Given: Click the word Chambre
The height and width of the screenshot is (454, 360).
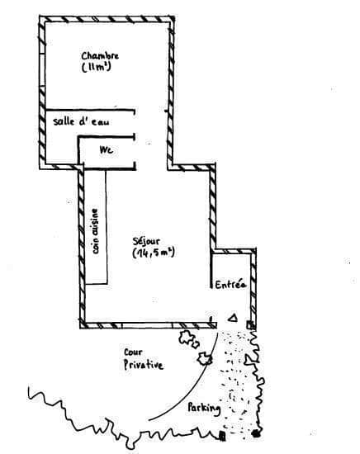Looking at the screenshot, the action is (x=100, y=55).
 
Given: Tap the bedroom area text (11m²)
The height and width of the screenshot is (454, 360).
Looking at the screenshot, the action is (x=96, y=68).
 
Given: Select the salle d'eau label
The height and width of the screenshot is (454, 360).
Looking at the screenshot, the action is (x=82, y=121).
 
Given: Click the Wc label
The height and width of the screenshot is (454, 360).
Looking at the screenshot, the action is (x=106, y=150).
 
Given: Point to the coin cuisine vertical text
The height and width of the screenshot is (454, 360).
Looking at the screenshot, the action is (x=95, y=231).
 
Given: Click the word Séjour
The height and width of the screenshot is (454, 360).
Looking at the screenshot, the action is (x=146, y=242).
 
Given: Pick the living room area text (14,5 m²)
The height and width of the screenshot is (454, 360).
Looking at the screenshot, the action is (x=154, y=253).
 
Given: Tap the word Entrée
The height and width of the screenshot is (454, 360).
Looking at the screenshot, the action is (x=230, y=285).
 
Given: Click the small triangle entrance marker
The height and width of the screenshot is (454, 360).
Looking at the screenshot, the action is (x=233, y=318).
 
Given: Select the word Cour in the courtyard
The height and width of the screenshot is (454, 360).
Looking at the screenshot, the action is (x=133, y=352).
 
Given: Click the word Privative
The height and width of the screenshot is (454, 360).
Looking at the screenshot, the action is (x=144, y=365).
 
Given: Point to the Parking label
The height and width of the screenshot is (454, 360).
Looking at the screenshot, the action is (x=204, y=409).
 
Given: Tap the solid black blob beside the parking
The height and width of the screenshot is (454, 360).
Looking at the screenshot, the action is (x=256, y=433).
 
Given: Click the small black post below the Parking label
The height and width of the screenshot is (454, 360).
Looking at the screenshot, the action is (x=222, y=436).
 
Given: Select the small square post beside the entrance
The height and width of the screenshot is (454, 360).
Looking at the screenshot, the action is (x=250, y=325).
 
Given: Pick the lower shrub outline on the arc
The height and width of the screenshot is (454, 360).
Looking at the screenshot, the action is (x=205, y=359).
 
